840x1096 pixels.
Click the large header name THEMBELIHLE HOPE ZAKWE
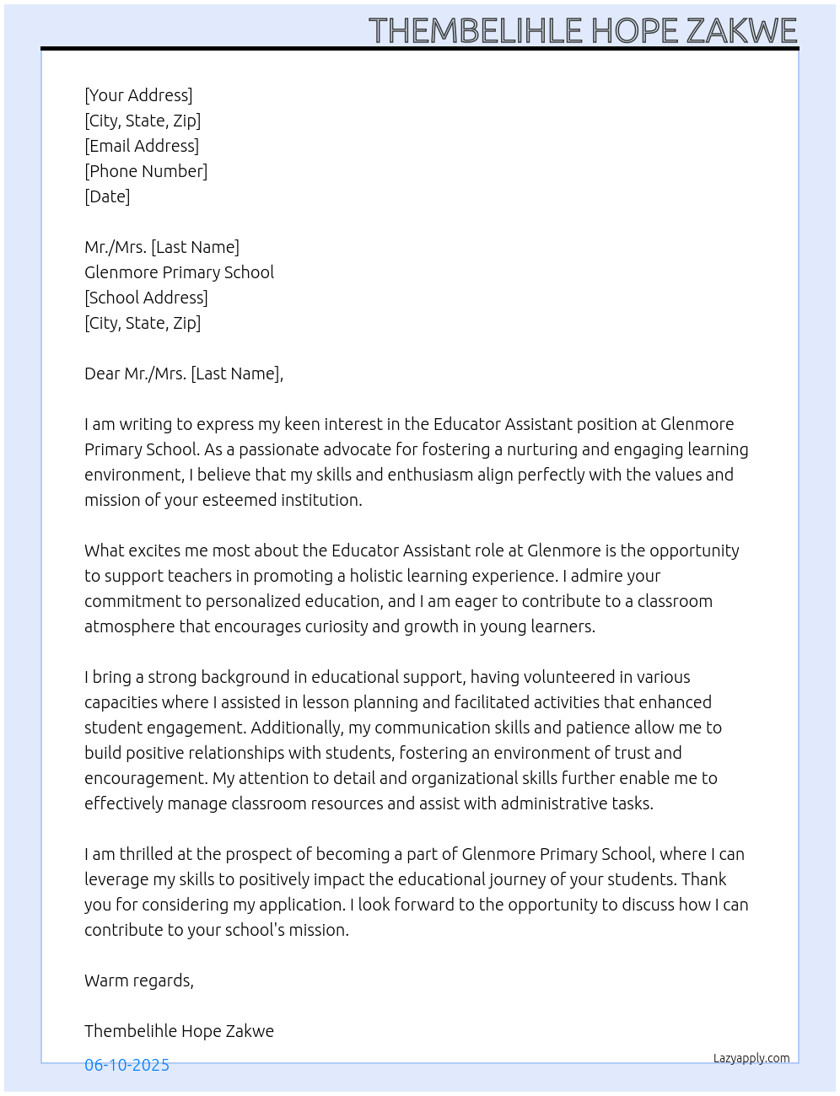pos(583,30)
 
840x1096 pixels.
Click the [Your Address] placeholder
pos(138,95)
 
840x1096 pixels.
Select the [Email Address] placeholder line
pos(142,146)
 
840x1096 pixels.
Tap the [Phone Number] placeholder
pos(146,171)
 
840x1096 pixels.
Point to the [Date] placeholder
pos(107,196)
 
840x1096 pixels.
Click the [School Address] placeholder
pos(146,298)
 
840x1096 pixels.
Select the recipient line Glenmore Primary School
pos(179,272)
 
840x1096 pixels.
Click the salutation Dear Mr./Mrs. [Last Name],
pos(184,373)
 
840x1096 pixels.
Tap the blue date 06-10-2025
pos(127,1065)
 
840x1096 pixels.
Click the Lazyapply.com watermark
pos(751,1058)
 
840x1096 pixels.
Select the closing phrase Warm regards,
pos(139,980)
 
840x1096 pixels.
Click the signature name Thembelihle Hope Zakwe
pos(179,1031)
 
